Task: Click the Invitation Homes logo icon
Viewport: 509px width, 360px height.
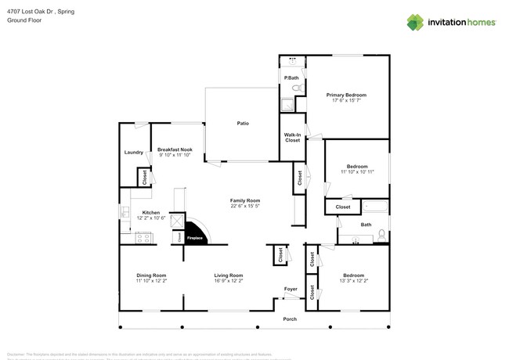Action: point(413,22)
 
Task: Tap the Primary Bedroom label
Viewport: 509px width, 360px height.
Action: point(346,95)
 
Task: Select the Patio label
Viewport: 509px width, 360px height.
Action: point(244,123)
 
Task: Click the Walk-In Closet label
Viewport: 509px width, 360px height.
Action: point(292,138)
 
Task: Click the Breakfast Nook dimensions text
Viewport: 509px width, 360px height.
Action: point(174,155)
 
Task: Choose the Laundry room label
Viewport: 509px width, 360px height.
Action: point(133,153)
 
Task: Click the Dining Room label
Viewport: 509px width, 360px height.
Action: point(151,275)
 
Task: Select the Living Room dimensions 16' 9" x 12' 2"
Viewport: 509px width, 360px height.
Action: point(229,280)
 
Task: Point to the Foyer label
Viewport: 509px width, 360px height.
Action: point(291,289)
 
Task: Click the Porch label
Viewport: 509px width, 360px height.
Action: point(291,319)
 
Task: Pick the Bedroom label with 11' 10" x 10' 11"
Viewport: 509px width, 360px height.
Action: point(357,166)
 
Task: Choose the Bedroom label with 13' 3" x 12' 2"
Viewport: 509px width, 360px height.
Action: point(353,275)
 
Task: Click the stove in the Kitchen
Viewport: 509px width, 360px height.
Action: point(143,238)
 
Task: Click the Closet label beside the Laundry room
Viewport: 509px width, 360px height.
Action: point(145,178)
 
